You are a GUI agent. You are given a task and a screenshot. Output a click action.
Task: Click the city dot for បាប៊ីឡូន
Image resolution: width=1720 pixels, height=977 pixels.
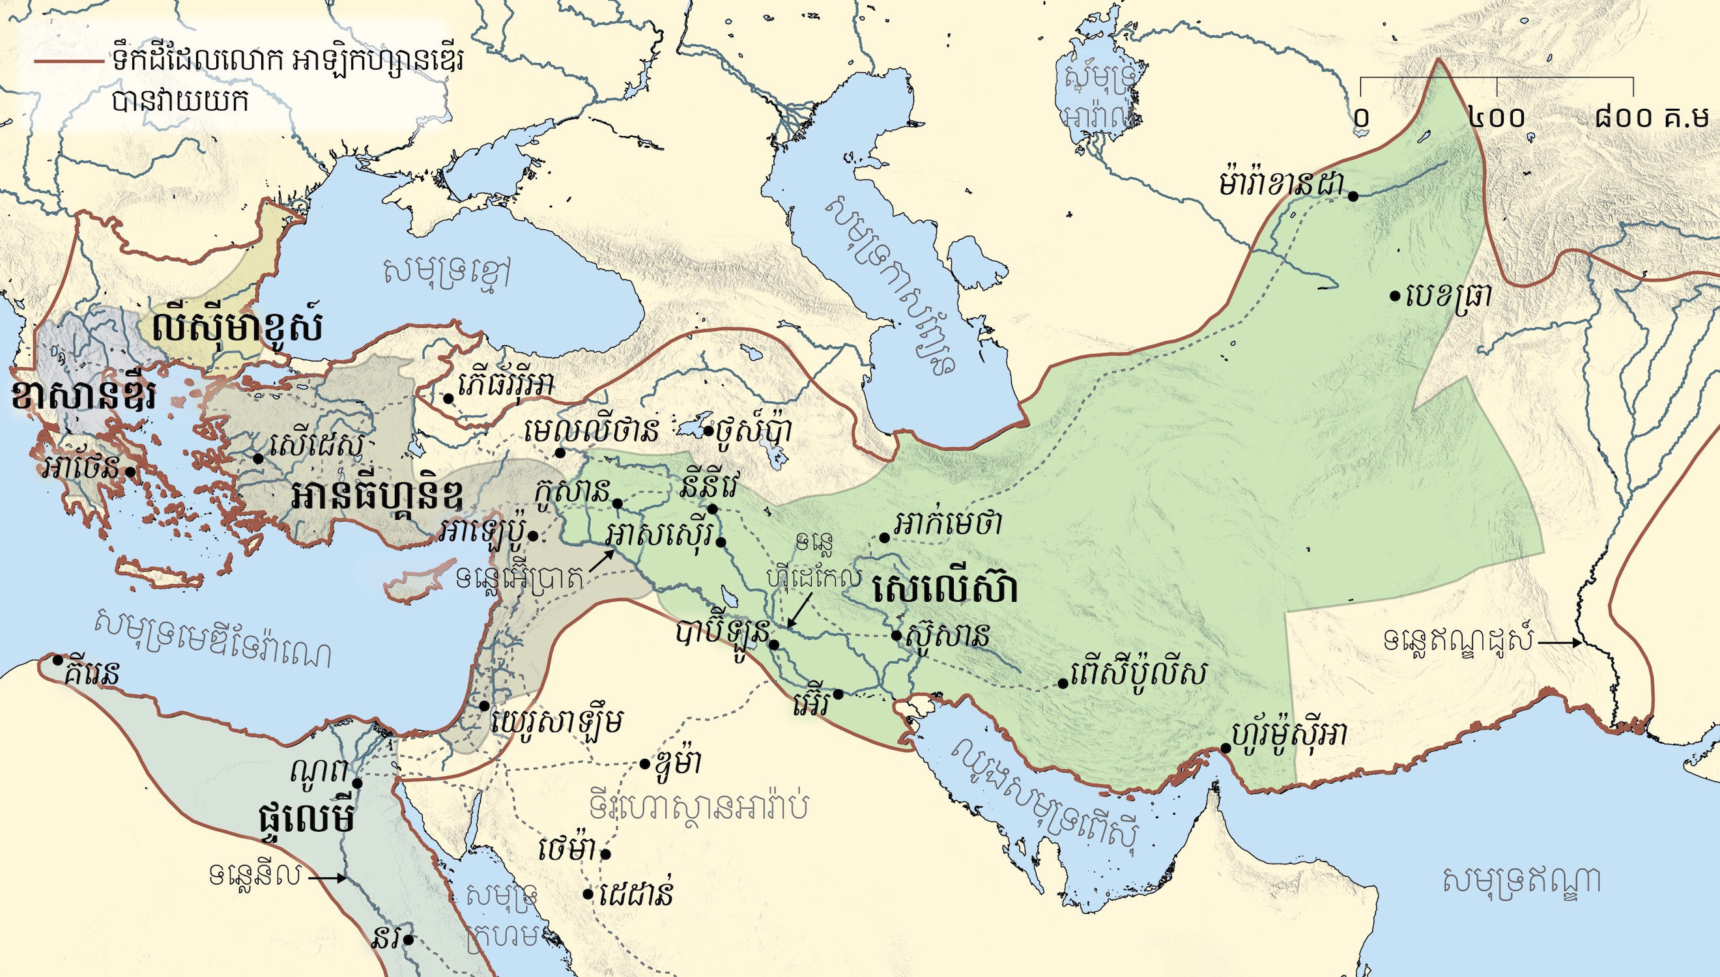click(x=774, y=644)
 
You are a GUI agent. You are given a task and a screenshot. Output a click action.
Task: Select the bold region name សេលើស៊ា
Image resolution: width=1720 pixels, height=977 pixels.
click(x=945, y=589)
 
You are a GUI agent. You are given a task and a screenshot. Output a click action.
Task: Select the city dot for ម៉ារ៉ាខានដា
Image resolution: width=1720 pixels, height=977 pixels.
click(x=1354, y=196)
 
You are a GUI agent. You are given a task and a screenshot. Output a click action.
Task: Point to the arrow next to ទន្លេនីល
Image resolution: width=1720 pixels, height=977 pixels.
click(x=329, y=877)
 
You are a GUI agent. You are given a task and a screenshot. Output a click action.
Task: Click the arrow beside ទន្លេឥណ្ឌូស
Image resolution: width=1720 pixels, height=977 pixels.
click(x=1558, y=642)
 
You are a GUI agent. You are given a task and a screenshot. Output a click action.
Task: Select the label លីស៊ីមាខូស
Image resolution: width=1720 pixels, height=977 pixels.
click(x=236, y=328)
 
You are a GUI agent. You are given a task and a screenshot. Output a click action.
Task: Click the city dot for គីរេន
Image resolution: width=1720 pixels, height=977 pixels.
click(x=58, y=660)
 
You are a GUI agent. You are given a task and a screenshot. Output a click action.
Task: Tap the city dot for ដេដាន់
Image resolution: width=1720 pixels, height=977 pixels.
click(x=588, y=894)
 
